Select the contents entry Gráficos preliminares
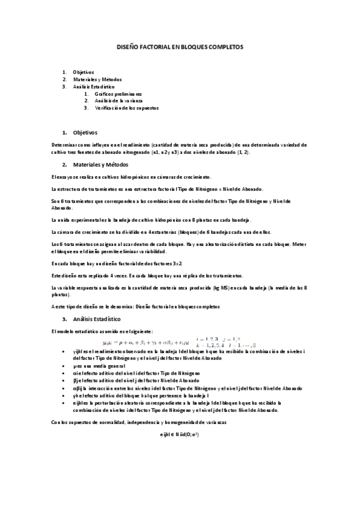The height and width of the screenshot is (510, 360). (x=118, y=94)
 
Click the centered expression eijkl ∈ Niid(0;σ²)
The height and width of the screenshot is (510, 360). (x=180, y=433)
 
